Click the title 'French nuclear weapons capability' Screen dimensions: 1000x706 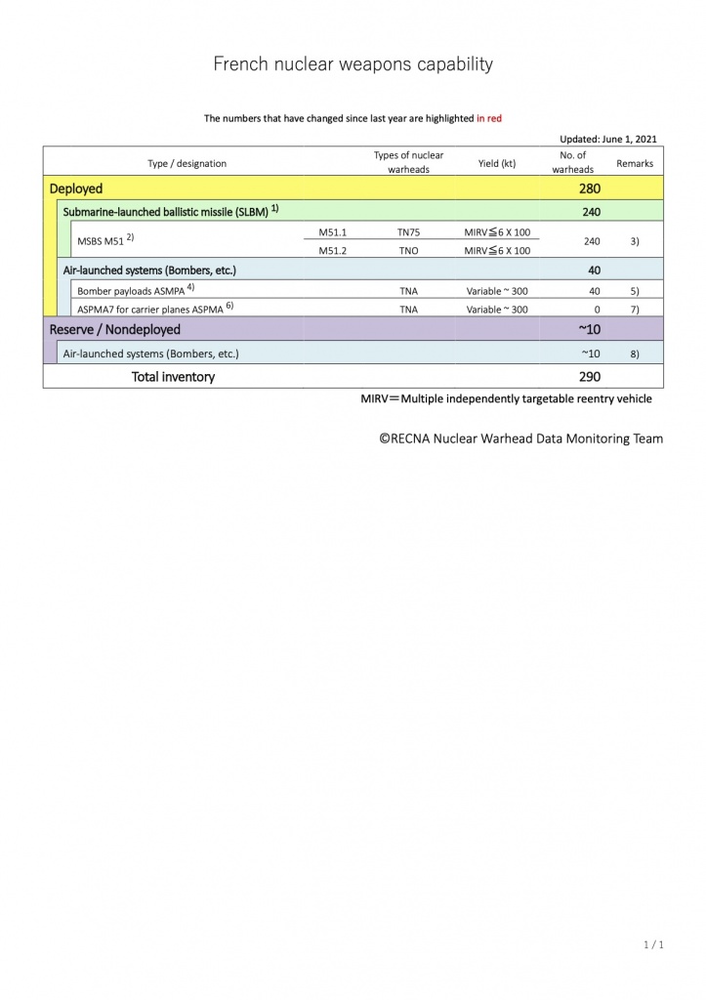coord(353,64)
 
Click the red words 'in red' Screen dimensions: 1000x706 coord(489,118)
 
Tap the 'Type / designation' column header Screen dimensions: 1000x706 coord(187,163)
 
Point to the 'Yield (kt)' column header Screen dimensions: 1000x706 coord(497,163)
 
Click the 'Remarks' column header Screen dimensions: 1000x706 coord(635,163)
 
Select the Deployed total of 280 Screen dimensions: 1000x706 coord(590,188)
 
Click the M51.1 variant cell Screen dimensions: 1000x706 coord(333,233)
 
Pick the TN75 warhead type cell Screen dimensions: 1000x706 coord(408,233)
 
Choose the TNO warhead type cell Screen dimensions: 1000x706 coord(408,250)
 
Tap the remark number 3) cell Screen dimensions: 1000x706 coord(635,241)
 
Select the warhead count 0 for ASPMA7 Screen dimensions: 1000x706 coord(597,309)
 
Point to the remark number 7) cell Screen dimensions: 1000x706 coord(635,309)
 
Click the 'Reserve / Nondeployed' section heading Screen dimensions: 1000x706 coord(115,329)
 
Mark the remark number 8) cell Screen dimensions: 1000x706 coord(635,353)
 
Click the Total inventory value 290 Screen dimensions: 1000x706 coord(590,376)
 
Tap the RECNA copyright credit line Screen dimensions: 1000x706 coord(521,438)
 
